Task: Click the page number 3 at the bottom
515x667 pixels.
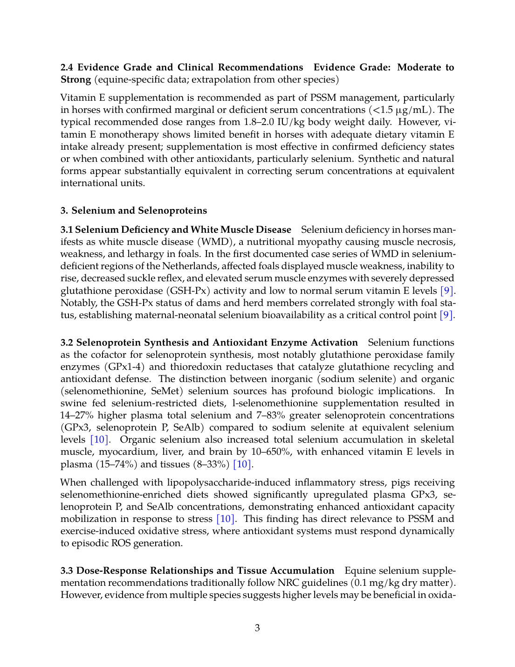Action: tap(257, 628)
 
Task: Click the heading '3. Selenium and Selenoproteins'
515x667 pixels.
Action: tap(134, 210)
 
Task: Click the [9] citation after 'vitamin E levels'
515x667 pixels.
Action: tap(446, 291)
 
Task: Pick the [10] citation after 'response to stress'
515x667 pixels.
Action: tap(225, 519)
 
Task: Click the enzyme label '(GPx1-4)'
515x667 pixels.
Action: tap(122, 367)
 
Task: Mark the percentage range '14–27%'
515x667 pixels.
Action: tap(77, 415)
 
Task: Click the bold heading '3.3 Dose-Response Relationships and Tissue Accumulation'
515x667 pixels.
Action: tap(197, 570)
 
